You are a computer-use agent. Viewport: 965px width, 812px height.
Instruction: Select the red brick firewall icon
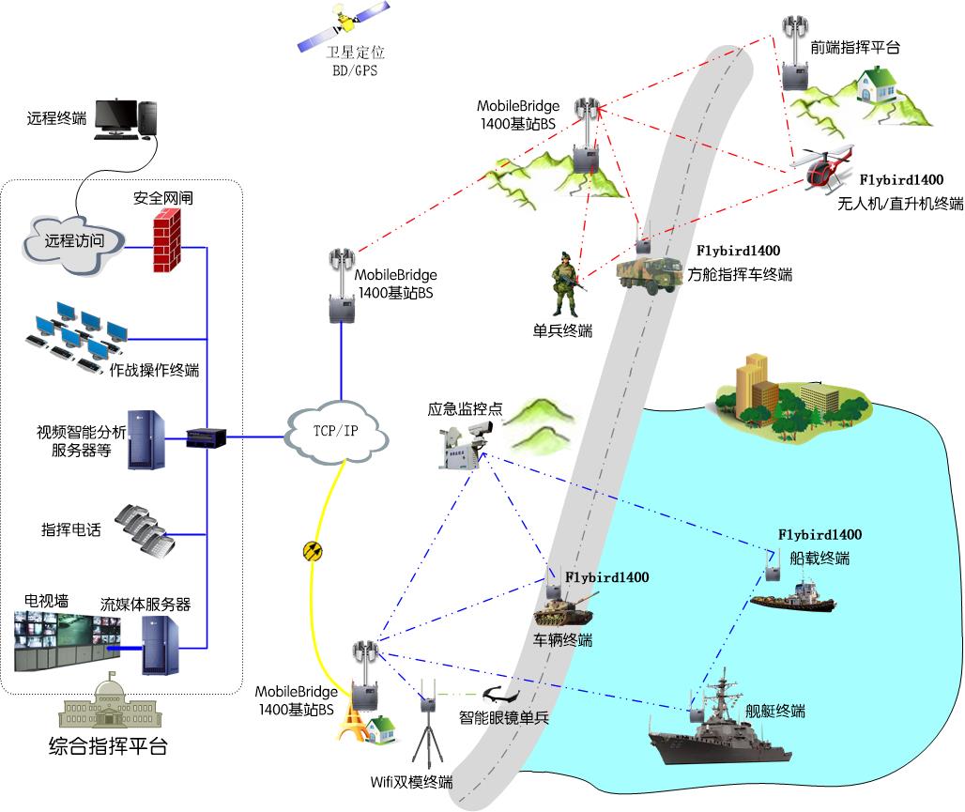pyautogui.click(x=167, y=241)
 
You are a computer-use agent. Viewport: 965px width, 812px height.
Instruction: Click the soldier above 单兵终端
pyautogui.click(x=566, y=283)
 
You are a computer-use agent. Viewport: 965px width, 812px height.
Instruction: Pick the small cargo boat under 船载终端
pyautogui.click(x=793, y=598)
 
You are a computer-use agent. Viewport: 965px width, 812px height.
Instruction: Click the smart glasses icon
pyautogui.click(x=498, y=696)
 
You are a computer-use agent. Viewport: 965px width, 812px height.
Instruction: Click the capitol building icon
pyautogui.click(x=106, y=707)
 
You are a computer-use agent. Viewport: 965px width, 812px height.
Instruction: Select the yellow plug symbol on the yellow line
pyautogui.click(x=314, y=551)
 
